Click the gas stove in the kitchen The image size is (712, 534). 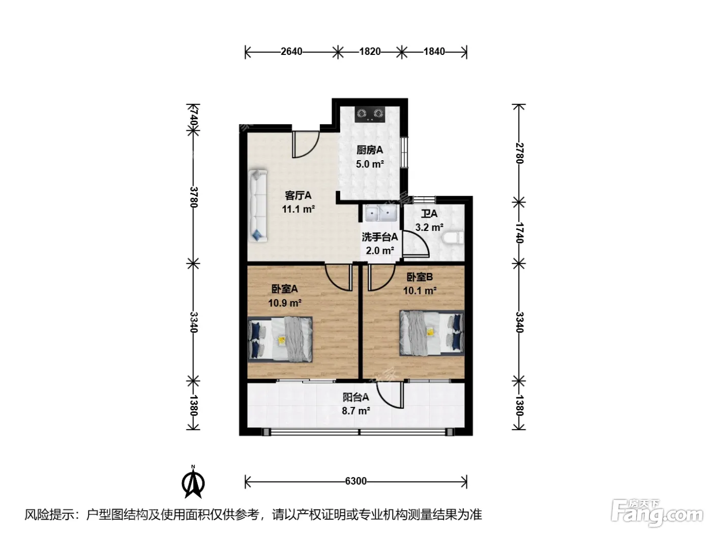coord(370,114)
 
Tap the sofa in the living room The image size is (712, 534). coord(257,206)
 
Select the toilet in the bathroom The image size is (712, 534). coord(453,238)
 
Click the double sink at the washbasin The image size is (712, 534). coord(381,213)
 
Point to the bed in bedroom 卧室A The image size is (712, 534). coord(280,339)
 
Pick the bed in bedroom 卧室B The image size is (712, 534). coord(432,333)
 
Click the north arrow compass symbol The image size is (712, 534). coord(193,482)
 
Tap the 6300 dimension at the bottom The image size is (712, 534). coord(356,481)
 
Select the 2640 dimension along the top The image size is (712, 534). coord(291,51)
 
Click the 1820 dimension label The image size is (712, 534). coord(370,51)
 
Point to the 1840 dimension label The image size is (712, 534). coord(434,51)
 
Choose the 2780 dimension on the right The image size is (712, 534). coord(519,154)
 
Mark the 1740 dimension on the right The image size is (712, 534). coord(519,233)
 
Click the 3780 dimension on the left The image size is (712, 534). coord(194,197)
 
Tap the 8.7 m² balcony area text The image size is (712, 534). coord(356,411)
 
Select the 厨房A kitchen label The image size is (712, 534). coord(370,150)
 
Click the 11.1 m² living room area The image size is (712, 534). coord(298,209)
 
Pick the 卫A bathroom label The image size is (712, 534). coord(429,214)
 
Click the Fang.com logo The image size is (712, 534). coord(657,513)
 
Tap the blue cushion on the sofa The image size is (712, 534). coord(257,234)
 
